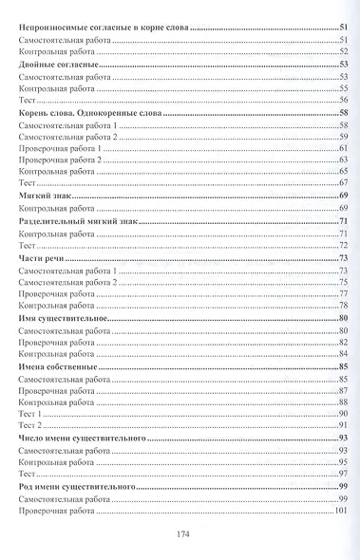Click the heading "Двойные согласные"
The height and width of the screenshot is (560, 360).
pyautogui.click(x=54, y=63)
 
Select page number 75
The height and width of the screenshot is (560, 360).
pyautogui.click(x=344, y=282)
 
